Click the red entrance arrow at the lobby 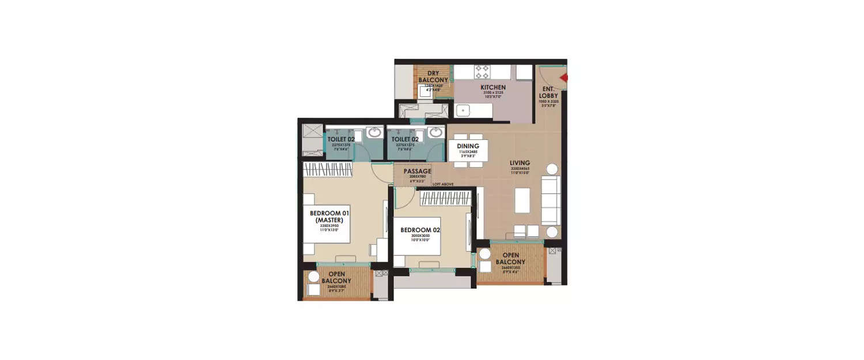click(564, 78)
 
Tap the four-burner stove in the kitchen click(482, 71)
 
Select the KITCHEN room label click(493, 88)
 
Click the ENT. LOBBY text click(548, 92)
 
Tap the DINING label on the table click(468, 146)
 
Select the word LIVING click(520, 163)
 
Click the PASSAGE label click(417, 171)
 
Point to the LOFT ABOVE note click(443, 184)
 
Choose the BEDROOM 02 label click(420, 230)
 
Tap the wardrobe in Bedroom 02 click(445, 198)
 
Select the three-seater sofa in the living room click(551, 200)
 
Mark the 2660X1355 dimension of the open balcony click(510, 268)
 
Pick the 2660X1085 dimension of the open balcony click(336, 286)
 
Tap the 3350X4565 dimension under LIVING click(520, 169)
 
